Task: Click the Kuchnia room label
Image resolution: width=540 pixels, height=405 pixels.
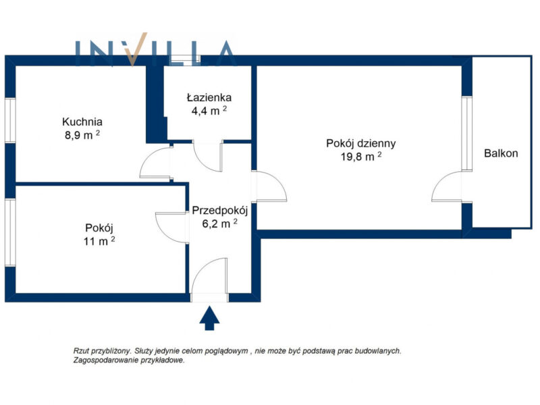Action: pyautogui.click(x=82, y=122)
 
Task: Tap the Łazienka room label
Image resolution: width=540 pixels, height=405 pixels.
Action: pyautogui.click(x=209, y=97)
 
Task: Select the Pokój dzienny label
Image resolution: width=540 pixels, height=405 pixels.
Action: pyautogui.click(x=361, y=143)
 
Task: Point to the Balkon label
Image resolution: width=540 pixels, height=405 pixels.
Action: pyautogui.click(x=501, y=153)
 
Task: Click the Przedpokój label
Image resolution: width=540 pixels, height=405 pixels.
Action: pyautogui.click(x=220, y=211)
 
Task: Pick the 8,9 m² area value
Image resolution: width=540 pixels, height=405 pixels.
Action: pyautogui.click(x=82, y=134)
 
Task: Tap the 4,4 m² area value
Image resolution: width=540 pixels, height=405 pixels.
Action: pyautogui.click(x=209, y=111)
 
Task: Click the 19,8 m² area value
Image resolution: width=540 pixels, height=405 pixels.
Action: pyautogui.click(x=361, y=157)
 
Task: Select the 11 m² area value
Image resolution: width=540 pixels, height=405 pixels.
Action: pyautogui.click(x=99, y=241)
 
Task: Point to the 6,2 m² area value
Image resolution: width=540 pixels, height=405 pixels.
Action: pyautogui.click(x=220, y=223)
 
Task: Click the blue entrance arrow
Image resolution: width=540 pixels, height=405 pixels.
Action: pyautogui.click(x=209, y=318)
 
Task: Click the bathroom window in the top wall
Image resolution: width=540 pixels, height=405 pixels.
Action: pyautogui.click(x=186, y=60)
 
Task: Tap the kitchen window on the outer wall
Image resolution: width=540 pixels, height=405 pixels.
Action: pyautogui.click(x=10, y=120)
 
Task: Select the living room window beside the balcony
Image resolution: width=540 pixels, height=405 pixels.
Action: pyautogui.click(x=466, y=134)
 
